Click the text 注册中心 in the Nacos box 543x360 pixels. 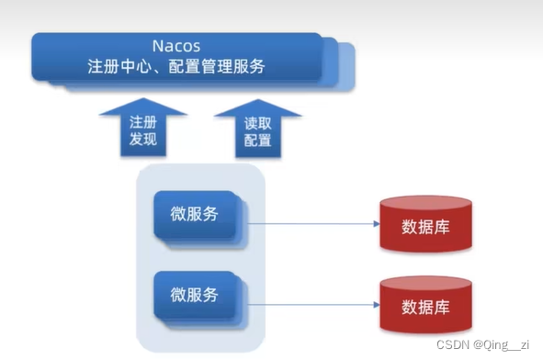tap(119, 66)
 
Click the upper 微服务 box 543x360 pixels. tap(195, 216)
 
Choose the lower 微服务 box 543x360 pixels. tap(195, 295)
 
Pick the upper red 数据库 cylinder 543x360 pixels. tap(426, 226)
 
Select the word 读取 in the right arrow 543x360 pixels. tap(258, 122)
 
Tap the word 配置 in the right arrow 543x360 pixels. tap(258, 141)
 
